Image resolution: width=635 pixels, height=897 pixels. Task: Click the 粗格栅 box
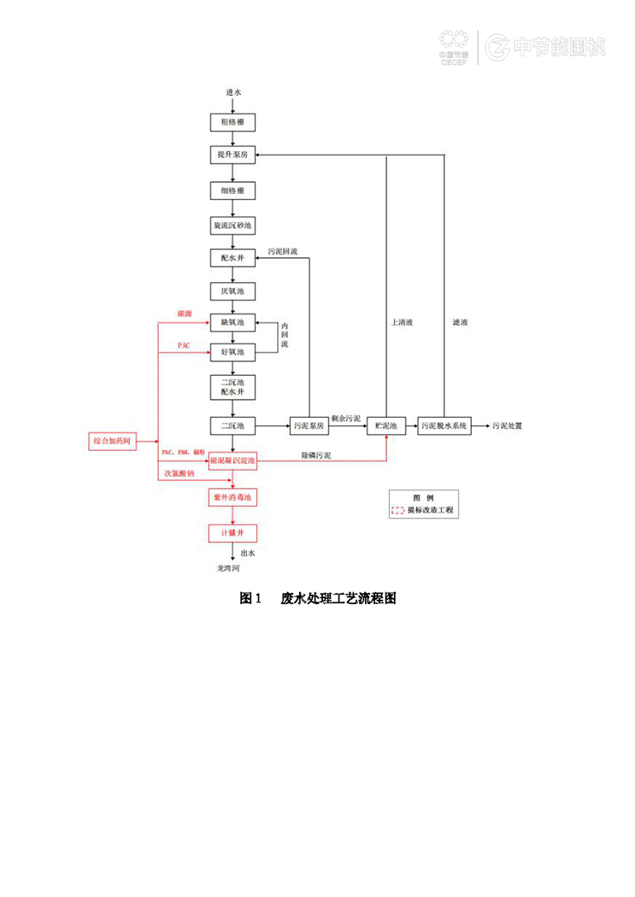point(232,122)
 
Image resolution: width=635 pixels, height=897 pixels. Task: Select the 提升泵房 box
point(232,155)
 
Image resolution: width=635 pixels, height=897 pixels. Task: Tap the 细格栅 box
point(232,190)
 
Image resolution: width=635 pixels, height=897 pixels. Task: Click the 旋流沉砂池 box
point(232,226)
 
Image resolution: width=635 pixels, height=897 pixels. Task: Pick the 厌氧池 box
point(232,291)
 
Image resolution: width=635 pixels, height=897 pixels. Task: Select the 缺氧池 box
point(232,322)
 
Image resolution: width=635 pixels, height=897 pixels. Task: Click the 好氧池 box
point(232,351)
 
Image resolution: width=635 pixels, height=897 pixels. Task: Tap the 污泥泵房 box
point(309,425)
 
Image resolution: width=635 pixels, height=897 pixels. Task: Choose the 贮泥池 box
point(386,425)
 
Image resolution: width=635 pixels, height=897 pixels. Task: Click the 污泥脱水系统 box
point(444,425)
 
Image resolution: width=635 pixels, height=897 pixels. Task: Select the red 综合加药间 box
point(112,442)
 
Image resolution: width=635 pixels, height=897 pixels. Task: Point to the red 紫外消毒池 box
point(232,496)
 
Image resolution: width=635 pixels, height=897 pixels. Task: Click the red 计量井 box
point(232,532)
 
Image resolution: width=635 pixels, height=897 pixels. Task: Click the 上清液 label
point(402,322)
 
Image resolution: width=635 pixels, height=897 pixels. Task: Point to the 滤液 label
point(460,322)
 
